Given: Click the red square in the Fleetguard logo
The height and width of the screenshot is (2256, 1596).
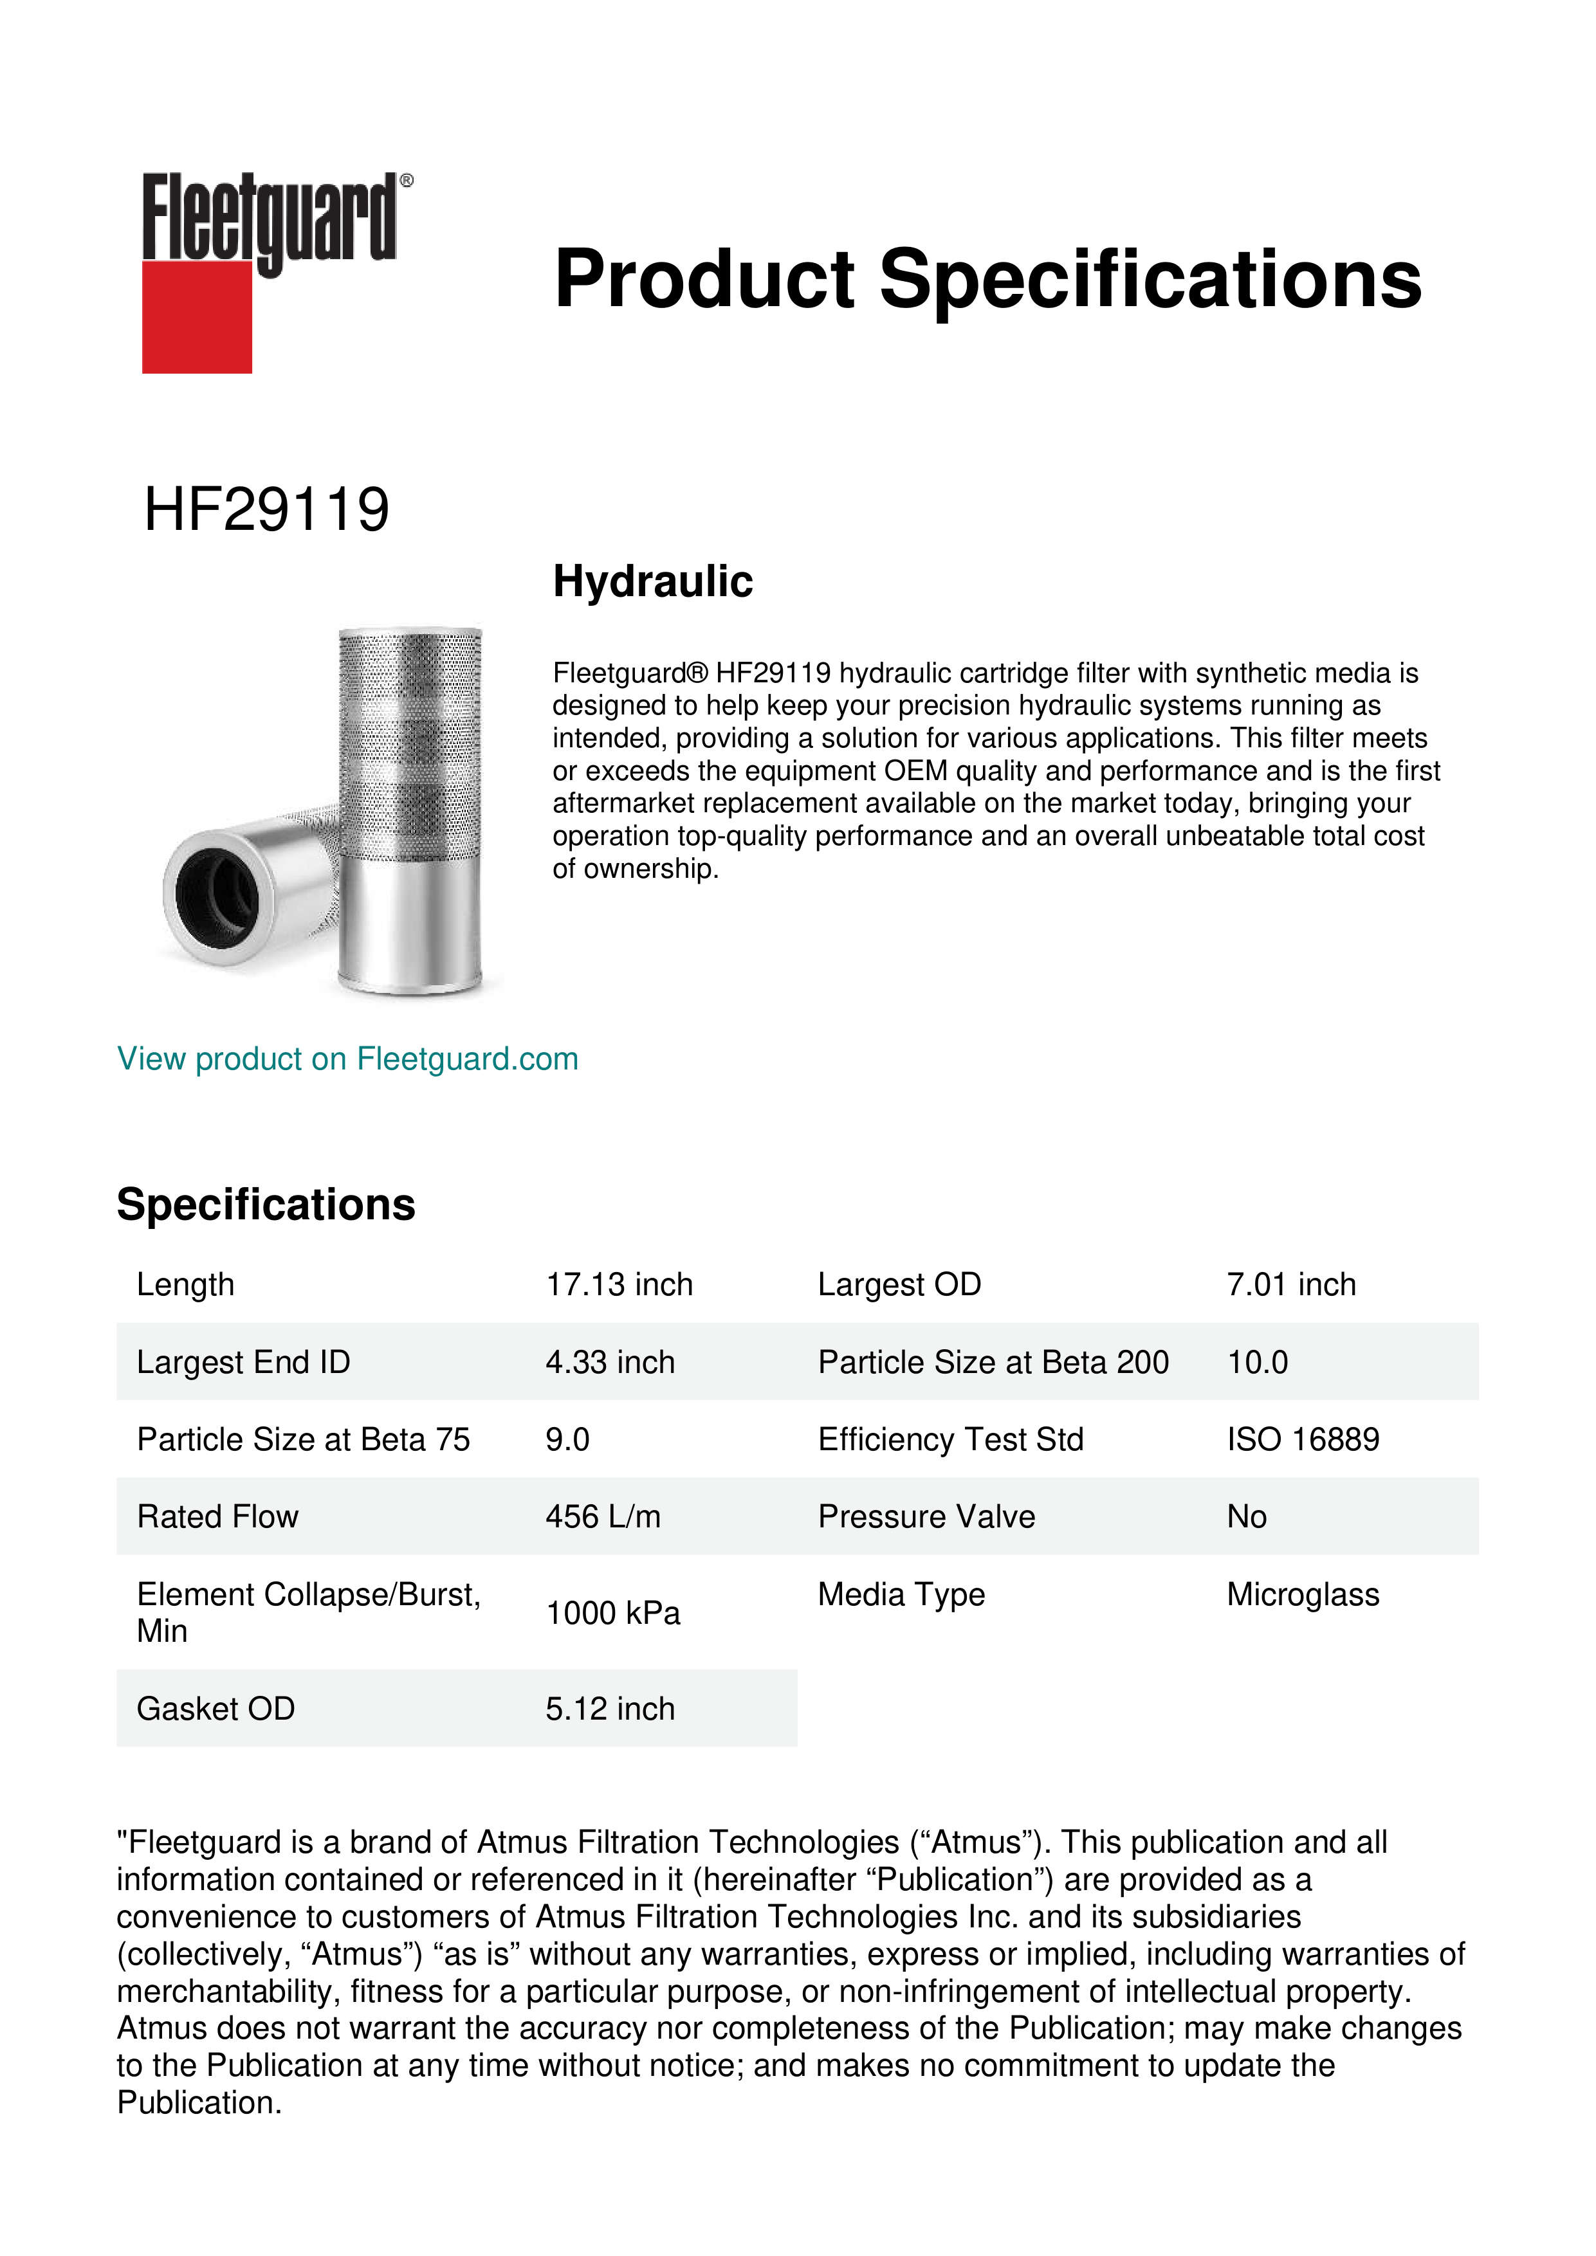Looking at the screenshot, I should (x=197, y=316).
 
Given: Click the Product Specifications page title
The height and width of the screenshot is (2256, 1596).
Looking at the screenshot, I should (x=987, y=279).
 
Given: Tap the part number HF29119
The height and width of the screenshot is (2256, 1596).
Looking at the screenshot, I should (x=266, y=510).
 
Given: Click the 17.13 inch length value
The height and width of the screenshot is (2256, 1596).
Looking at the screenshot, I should (x=619, y=1285).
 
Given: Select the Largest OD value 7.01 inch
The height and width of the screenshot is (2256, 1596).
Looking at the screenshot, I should (x=1290, y=1285).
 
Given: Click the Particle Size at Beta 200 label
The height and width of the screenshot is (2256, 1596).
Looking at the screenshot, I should (x=993, y=1363).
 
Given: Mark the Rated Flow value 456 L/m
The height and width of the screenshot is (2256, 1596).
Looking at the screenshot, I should (x=602, y=1517).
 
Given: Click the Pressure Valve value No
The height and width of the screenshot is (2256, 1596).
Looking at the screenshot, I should (x=1246, y=1517).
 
